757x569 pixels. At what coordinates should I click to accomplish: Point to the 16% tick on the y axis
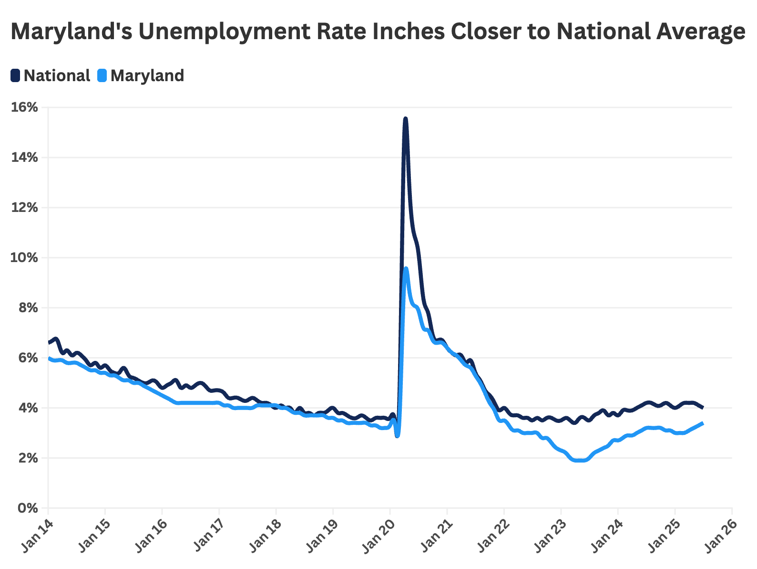click(24, 107)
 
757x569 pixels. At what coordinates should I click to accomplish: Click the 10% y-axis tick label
click(24, 258)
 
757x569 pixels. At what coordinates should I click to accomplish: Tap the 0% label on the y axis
click(27, 508)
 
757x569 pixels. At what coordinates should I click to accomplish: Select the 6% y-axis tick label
click(27, 358)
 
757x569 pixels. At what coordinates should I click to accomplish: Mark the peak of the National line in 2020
click(405, 118)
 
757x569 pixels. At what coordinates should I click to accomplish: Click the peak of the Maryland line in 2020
click(406, 268)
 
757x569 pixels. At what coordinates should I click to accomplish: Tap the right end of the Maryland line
click(703, 423)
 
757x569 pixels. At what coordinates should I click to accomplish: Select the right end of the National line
click(703, 407)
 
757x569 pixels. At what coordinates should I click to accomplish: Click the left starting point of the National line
click(49, 342)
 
